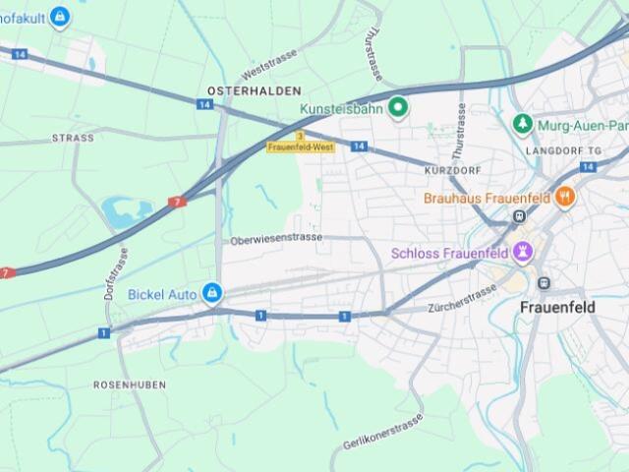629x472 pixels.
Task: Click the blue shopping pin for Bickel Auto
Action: point(211,293)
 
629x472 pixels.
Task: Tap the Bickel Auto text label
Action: point(163,293)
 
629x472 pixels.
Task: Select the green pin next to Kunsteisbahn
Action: point(398,107)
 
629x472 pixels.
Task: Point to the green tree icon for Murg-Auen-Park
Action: point(522,125)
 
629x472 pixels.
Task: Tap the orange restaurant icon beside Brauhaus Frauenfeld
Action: point(564,197)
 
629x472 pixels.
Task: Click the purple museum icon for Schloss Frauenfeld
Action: point(523,253)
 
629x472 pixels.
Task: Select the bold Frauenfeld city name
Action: point(557,308)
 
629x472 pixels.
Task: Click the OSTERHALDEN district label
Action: point(241,90)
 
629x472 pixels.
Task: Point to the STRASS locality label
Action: point(73,139)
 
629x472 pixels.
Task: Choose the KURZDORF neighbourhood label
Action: point(451,169)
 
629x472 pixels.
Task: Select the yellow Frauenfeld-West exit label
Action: point(301,147)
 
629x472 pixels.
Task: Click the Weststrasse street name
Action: point(268,71)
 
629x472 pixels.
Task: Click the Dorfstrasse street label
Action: point(115,276)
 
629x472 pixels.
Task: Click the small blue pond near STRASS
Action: point(121,211)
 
